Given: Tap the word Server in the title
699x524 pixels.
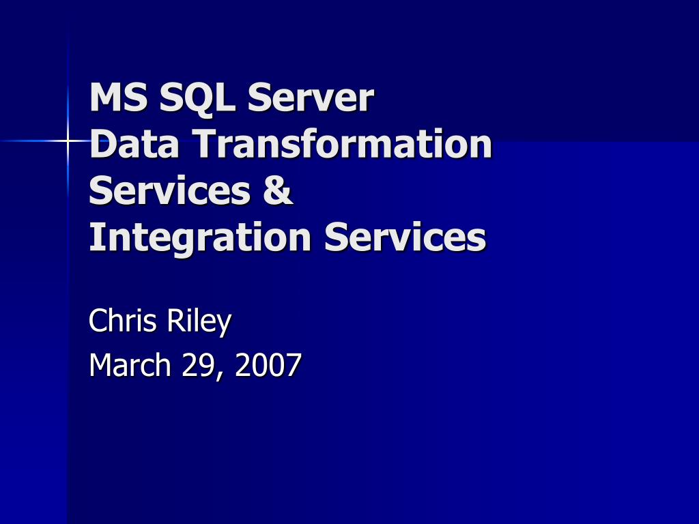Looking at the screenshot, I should [x=311, y=98].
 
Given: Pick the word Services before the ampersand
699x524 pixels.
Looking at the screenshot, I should [x=169, y=191].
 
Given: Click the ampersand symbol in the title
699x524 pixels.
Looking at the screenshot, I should [x=278, y=191].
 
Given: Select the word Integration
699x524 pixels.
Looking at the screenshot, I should [x=201, y=237].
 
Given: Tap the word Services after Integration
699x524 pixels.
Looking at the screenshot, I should [x=405, y=237].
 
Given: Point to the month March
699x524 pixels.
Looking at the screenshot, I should [x=130, y=365].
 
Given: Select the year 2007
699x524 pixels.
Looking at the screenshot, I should [x=268, y=365].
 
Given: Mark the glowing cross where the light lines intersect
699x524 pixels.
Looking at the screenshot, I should [x=69, y=141].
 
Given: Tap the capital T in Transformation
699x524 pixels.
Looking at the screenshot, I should [x=204, y=145].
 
